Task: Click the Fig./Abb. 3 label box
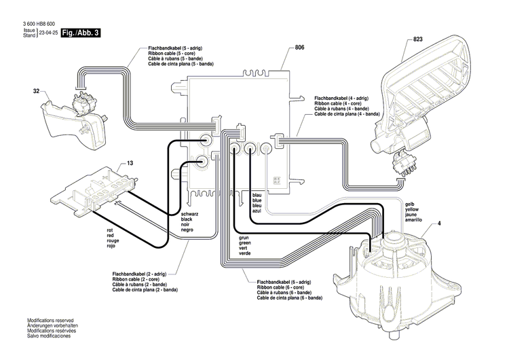pos(79,33)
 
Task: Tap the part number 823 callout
pos(418,40)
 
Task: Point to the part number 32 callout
pos(36,90)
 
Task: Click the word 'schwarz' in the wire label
pos(190,215)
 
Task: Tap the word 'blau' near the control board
pos(257,195)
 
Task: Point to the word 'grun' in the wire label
pos(244,238)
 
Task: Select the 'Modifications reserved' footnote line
pos(50,320)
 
